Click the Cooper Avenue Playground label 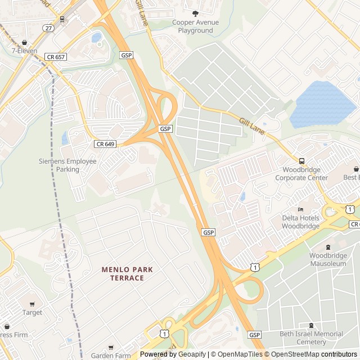(195, 26)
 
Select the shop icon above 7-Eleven (24, 43)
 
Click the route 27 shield (49, 28)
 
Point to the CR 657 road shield (57, 56)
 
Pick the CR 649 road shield (105, 144)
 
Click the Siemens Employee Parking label (67, 165)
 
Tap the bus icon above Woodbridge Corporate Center (301, 161)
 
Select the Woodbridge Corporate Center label (301, 174)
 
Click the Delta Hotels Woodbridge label (301, 222)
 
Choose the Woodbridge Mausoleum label (328, 259)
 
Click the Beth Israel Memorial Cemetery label (310, 337)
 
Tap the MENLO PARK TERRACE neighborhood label (127, 273)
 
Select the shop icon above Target (32, 304)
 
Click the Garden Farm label (110, 355)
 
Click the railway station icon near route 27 (62, 19)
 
